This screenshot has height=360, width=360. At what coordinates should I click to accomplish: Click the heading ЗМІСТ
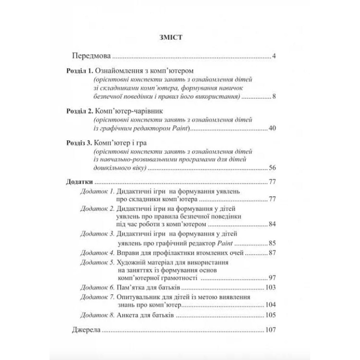tap(171, 37)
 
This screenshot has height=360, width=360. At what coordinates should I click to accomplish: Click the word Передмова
tap(91, 56)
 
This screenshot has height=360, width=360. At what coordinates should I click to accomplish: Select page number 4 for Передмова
tap(274, 56)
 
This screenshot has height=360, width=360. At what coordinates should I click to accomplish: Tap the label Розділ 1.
tap(80, 71)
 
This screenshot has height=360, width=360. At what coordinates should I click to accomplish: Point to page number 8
tap(274, 97)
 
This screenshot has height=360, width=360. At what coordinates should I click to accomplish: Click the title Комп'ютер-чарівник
tap(129, 111)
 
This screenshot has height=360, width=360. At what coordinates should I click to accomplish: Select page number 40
tap(272, 128)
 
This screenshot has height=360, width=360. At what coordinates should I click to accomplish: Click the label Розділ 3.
tap(79, 143)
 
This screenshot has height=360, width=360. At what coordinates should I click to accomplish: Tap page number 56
tap(272, 168)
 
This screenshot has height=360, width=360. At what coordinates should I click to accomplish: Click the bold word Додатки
tap(79, 182)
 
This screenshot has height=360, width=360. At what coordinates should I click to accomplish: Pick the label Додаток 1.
tap(97, 191)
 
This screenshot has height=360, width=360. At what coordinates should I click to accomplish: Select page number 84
tap(272, 224)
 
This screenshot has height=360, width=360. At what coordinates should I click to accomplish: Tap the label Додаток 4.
tap(97, 253)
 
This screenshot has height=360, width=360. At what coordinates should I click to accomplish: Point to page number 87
tap(272, 253)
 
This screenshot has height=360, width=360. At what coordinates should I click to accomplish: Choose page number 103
tap(270, 287)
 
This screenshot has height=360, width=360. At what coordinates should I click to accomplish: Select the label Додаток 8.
tap(97, 315)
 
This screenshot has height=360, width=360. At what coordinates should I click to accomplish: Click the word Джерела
tap(86, 330)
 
